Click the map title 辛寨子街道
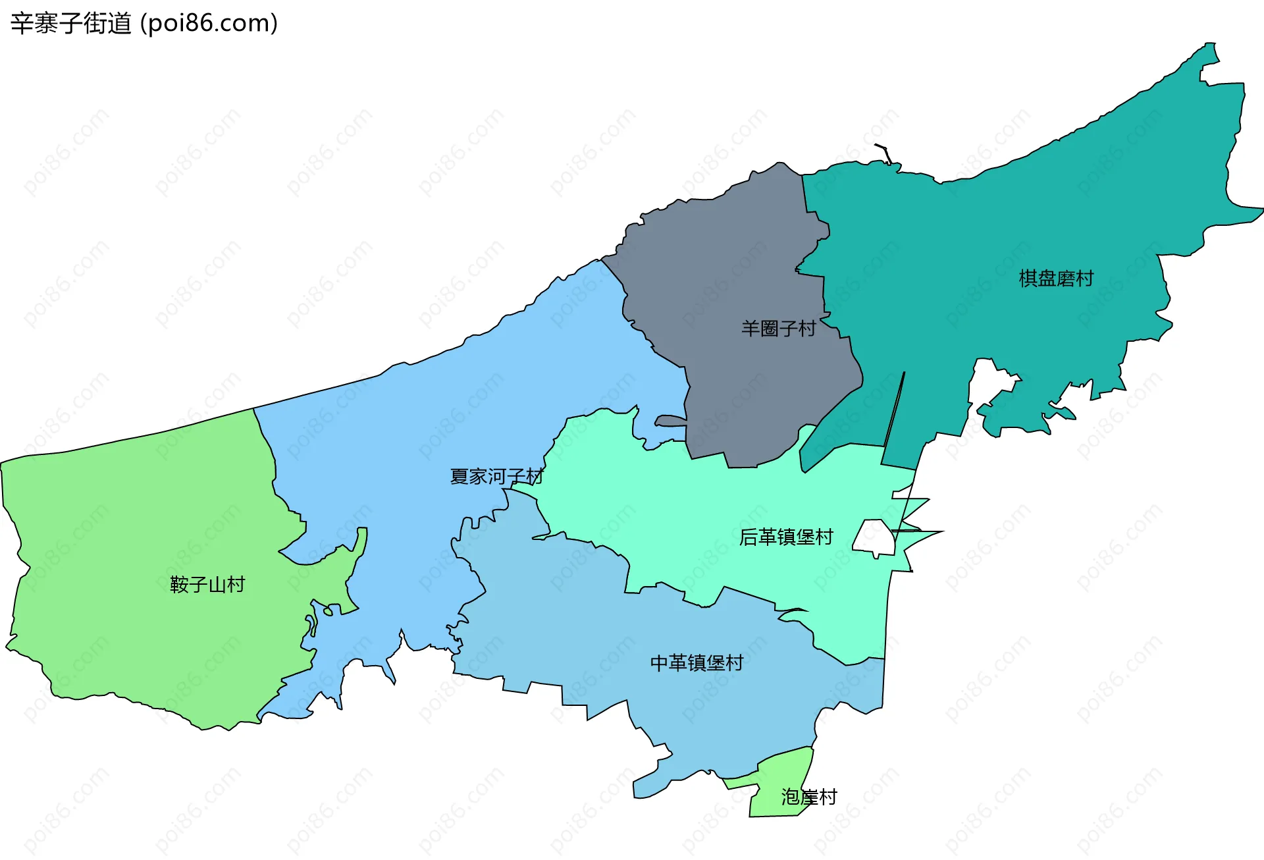pos(71,24)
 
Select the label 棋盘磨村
pos(1056,279)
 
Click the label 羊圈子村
pos(778,328)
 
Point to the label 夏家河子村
pos(496,476)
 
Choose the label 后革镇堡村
pos(786,537)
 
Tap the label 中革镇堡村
pos(697,662)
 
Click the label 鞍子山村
pos(207,584)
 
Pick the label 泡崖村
pos(808,797)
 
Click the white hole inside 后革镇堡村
pos(875,537)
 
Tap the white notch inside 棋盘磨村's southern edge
pos(991,382)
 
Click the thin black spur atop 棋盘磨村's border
pos(885,151)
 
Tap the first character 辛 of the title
pos(22,24)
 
